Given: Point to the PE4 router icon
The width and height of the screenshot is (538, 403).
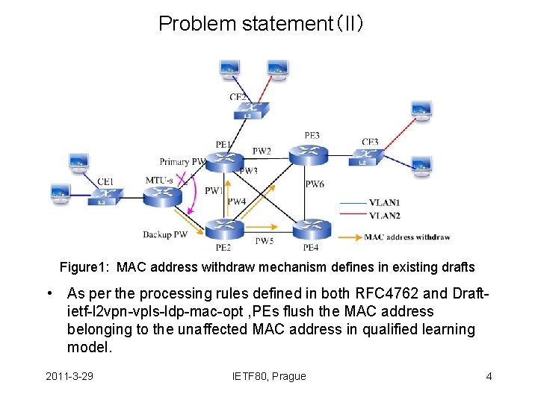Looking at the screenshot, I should click(308, 228).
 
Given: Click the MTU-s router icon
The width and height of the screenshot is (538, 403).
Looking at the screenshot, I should click(162, 195).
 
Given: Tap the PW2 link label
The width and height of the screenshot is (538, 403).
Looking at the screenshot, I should click(262, 151).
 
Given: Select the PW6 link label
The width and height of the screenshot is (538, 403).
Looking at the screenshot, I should click(315, 184).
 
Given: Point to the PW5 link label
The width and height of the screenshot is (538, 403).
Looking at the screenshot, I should click(265, 241).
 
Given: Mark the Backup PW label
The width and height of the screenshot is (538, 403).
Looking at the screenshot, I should click(166, 235).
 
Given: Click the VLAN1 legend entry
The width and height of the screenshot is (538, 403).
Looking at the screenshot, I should click(384, 202).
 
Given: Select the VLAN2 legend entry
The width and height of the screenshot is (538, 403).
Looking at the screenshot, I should click(384, 216).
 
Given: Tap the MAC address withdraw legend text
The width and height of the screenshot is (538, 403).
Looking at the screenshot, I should click(407, 237).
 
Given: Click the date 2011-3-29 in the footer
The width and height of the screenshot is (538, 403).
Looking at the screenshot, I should click(69, 376).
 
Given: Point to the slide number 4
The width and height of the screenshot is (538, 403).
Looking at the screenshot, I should click(489, 376).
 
